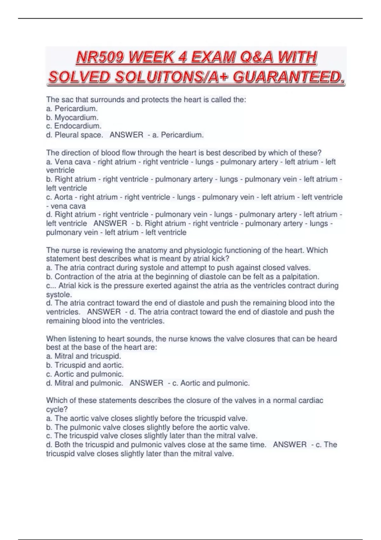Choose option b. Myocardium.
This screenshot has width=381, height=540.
pos(72,118)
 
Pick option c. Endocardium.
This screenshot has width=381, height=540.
pos(74,126)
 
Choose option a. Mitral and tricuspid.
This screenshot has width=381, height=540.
pos(84,356)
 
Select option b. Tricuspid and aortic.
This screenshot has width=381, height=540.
pos(85,365)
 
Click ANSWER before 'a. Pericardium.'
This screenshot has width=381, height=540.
pos(126,135)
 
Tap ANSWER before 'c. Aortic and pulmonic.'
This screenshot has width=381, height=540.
pos(146,383)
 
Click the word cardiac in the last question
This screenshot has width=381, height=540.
pos(311,401)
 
